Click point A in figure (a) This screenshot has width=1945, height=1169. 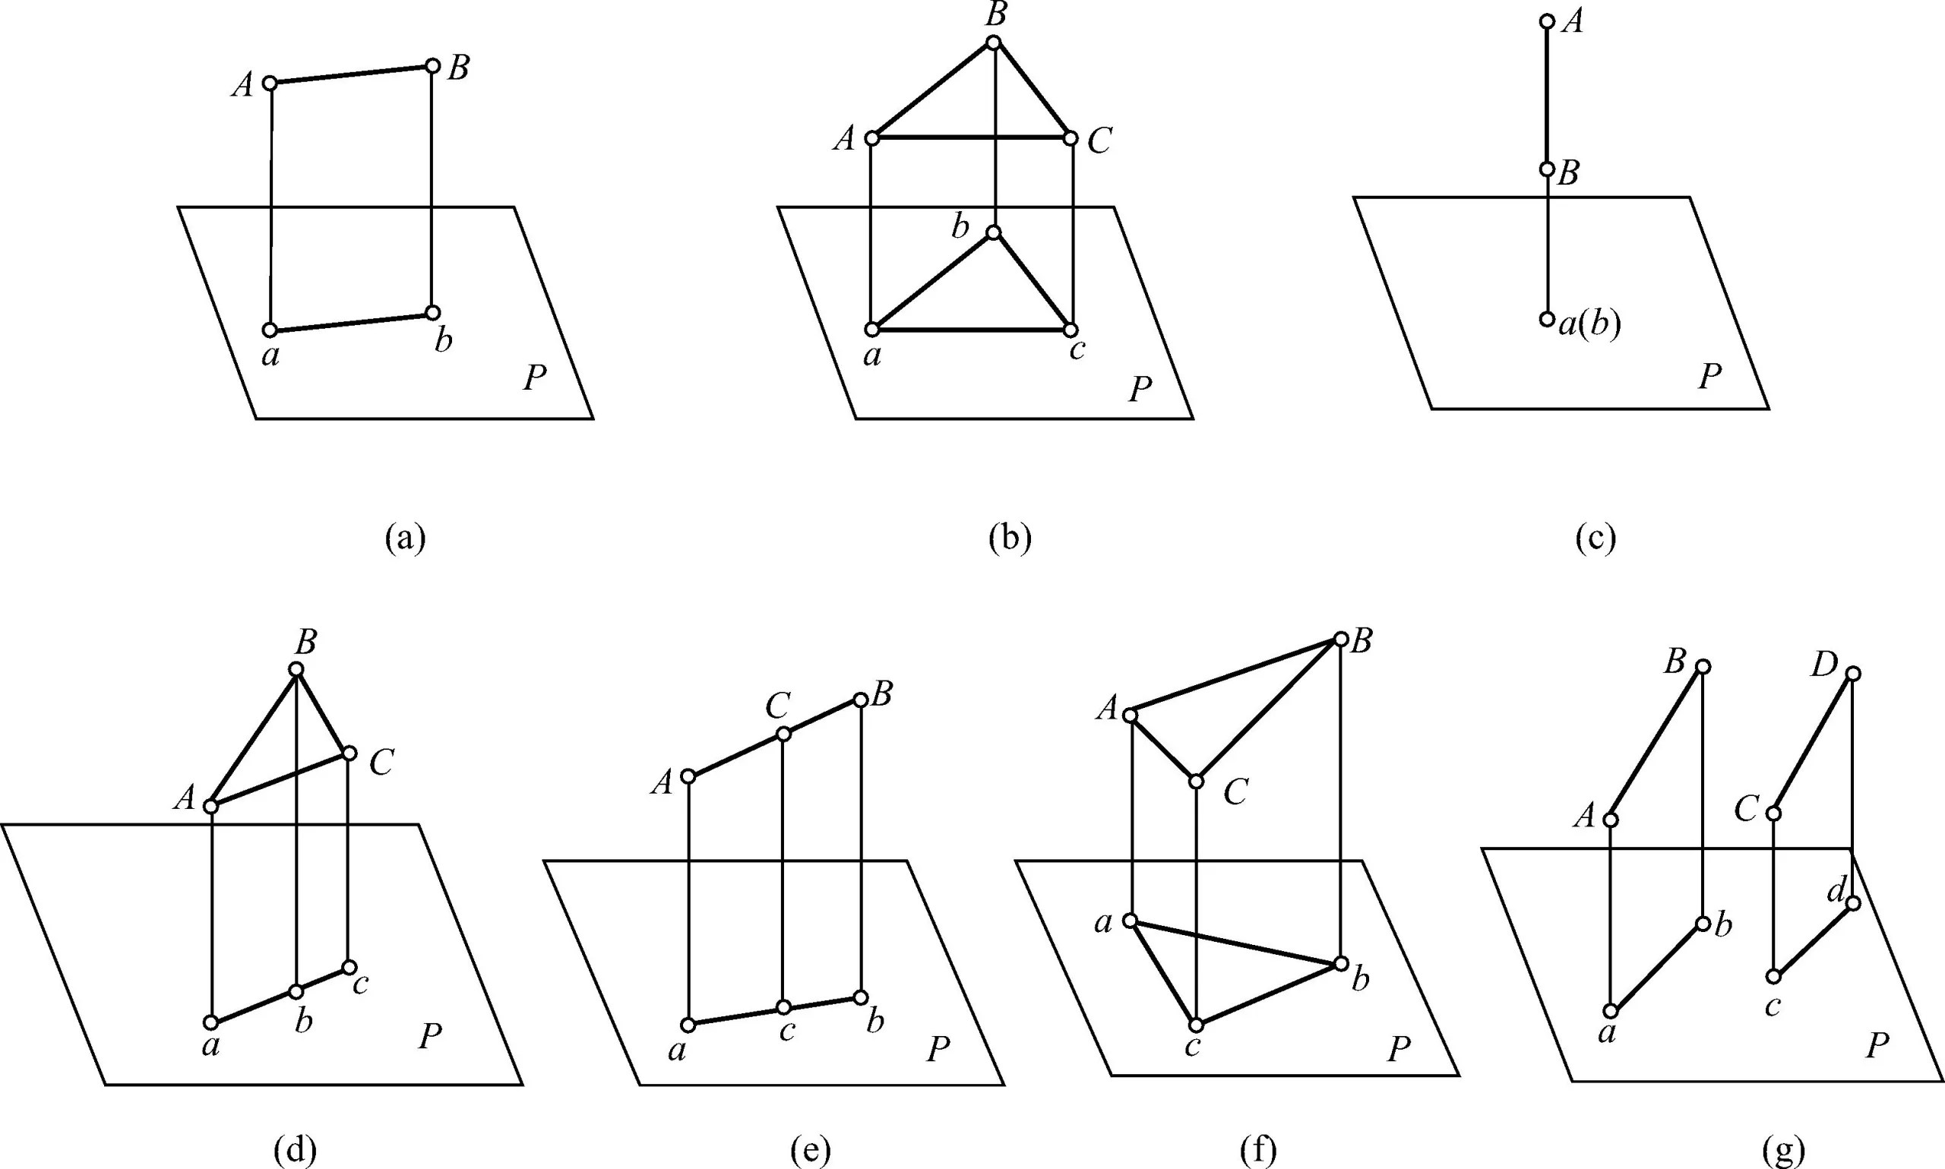(270, 83)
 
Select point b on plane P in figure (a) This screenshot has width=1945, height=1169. (432, 313)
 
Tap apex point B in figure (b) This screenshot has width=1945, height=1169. (995, 43)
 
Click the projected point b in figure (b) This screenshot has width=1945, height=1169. (993, 232)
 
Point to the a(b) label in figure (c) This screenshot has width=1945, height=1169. (1589, 324)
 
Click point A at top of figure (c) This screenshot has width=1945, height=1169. (1547, 21)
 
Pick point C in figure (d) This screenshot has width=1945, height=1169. (349, 753)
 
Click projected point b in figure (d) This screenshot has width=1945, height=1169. (296, 991)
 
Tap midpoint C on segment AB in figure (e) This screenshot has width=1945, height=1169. (783, 735)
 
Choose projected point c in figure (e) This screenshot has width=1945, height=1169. (783, 1007)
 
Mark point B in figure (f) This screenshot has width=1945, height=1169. (1341, 639)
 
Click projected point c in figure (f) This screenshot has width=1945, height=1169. (1196, 1025)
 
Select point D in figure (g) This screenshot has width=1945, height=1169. (1854, 674)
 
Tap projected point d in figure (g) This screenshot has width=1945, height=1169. (1853, 902)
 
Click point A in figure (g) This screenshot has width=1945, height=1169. (1611, 820)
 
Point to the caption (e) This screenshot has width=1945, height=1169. (810, 1151)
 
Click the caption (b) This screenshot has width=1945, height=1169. (1009, 538)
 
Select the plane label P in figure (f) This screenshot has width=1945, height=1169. (1398, 1048)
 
